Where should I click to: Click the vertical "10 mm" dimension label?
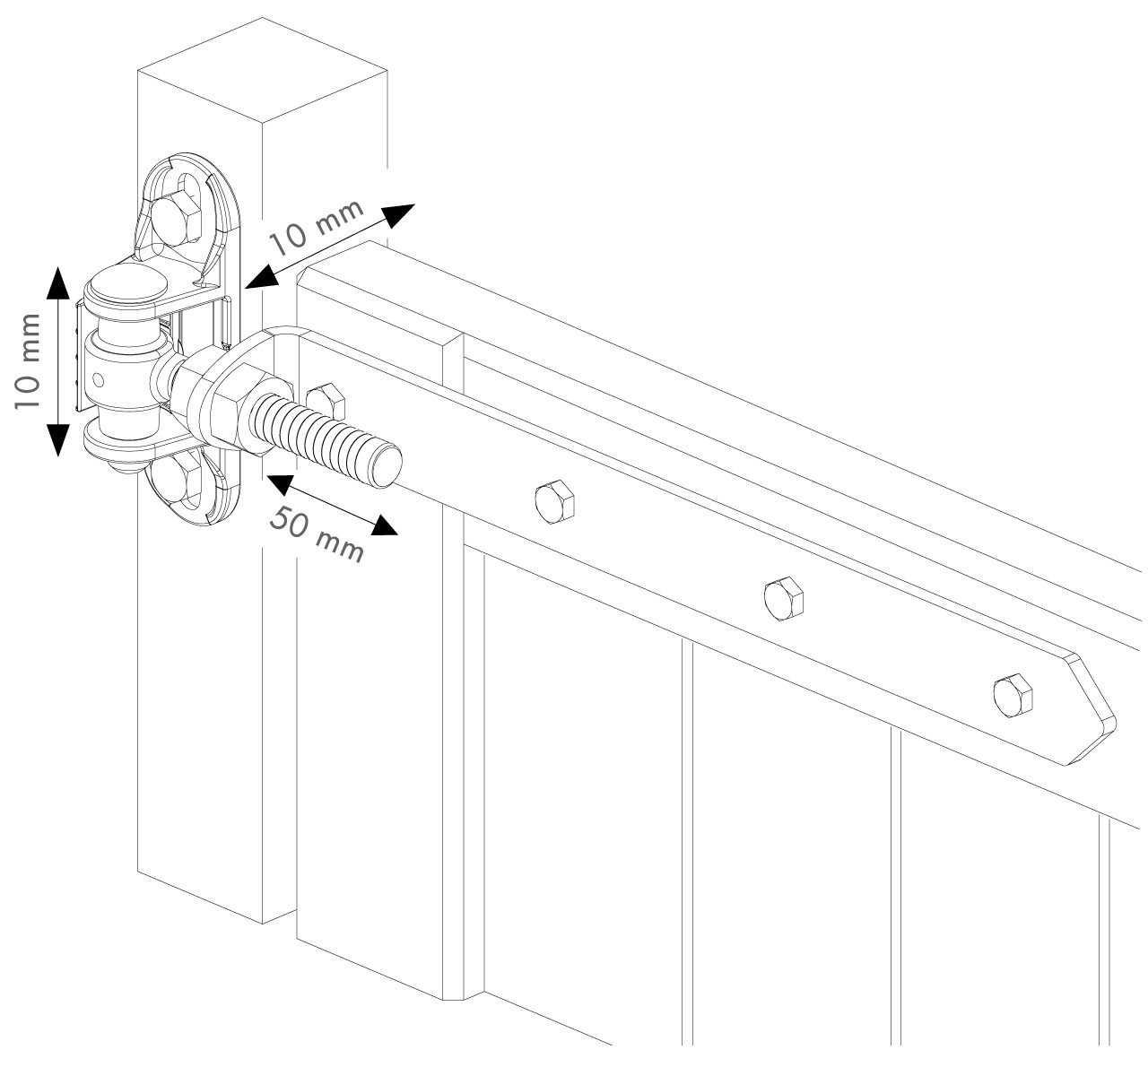click(28, 361)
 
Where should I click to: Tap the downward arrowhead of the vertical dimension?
click(57, 439)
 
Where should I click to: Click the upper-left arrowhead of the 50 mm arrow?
click(276, 482)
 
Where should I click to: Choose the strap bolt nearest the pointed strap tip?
click(1013, 694)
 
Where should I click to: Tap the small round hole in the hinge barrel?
click(98, 380)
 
